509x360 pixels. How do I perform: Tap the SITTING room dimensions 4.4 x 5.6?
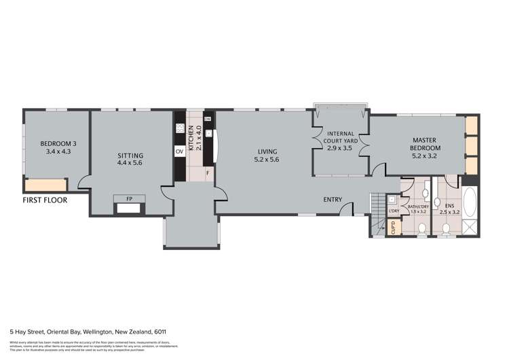[x=130, y=164]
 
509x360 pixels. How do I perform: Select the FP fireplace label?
[x=129, y=199]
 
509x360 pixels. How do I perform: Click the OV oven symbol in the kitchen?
[x=180, y=152]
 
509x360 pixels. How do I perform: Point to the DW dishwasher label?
[x=208, y=120]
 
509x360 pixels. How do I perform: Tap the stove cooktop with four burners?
[x=180, y=128]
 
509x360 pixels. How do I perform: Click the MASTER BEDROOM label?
[x=426, y=144]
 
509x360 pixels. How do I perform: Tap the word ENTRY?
[x=333, y=200]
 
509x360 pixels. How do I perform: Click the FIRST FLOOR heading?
[x=45, y=201]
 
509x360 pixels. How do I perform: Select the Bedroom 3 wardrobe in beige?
[x=45, y=185]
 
